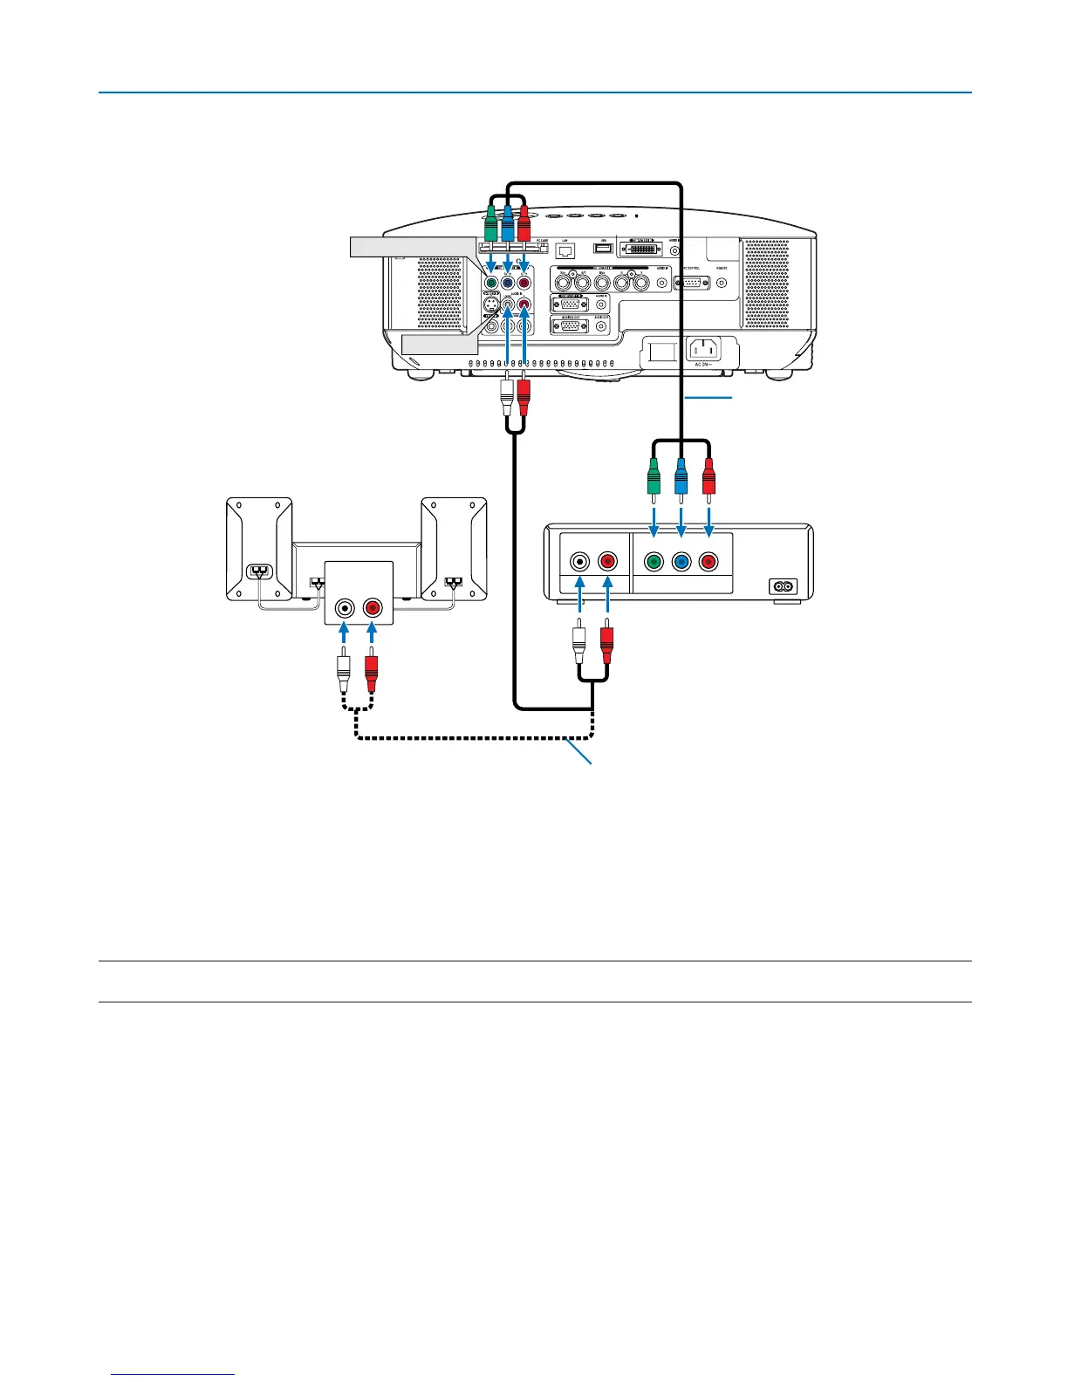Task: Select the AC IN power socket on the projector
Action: [x=704, y=349]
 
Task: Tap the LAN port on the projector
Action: [x=565, y=250]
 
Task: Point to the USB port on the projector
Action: [x=604, y=249]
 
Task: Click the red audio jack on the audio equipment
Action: [x=373, y=608]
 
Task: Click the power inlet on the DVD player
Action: [x=783, y=587]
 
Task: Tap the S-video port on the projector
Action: [x=492, y=304]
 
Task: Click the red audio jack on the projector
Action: [x=524, y=304]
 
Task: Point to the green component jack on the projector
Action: [x=491, y=282]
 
